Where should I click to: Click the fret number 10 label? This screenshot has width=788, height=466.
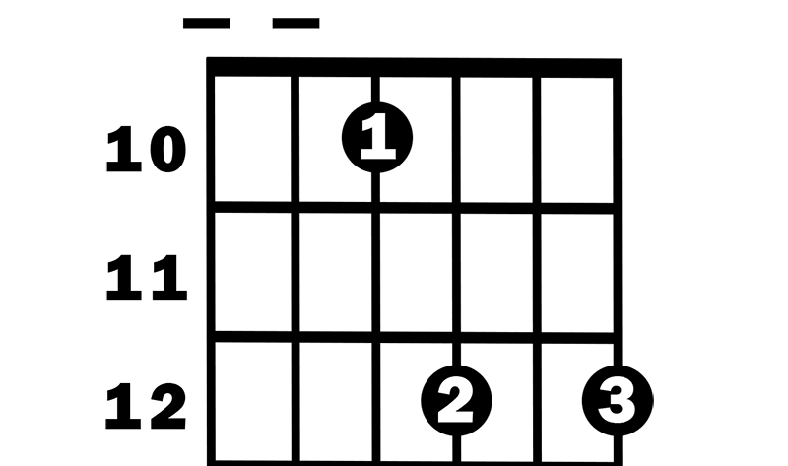tap(146, 150)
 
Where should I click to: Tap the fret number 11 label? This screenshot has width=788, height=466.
tap(146, 278)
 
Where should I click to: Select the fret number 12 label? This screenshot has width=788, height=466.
tap(146, 406)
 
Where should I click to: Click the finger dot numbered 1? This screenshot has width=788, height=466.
tap(377, 138)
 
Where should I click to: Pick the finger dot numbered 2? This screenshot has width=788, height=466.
tap(456, 401)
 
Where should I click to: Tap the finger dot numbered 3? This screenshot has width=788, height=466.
tap(618, 401)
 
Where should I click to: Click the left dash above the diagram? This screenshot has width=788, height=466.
tap(207, 23)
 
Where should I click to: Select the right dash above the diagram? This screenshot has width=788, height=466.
tap(296, 23)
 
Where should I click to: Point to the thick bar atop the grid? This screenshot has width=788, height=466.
tap(414, 67)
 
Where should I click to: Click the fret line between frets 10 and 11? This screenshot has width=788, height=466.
tap(414, 208)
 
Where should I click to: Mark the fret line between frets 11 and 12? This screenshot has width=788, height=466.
tap(414, 337)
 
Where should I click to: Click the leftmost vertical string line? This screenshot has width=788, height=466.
tap(211, 262)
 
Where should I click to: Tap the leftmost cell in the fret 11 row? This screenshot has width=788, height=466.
tap(253, 273)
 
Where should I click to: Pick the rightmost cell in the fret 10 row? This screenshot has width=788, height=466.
tap(577, 140)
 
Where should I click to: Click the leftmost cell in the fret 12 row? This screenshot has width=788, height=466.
tap(253, 402)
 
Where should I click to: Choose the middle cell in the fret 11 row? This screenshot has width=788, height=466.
tap(416, 273)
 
